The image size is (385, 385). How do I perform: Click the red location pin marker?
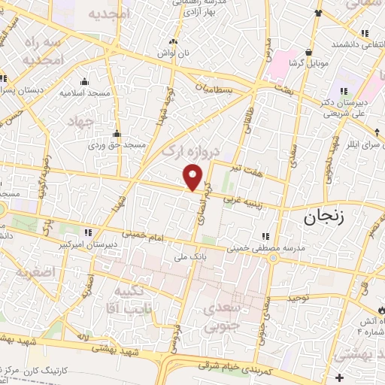[x=193, y=177]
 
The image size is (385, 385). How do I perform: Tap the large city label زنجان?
[x=328, y=218]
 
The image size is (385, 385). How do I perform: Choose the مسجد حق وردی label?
[x=115, y=144]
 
